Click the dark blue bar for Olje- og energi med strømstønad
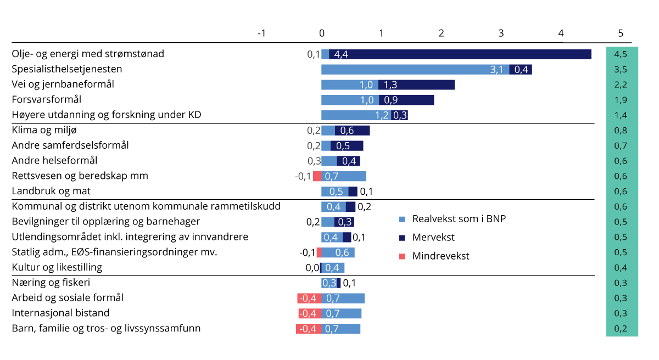[460, 54]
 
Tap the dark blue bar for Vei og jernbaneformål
[417, 85]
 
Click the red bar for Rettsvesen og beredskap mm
[317, 176]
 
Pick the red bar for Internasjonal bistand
[310, 313]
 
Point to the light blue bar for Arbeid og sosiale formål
[343, 298]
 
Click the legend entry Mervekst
[433, 238]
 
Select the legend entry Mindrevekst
[440, 256]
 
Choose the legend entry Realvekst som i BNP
[459, 219]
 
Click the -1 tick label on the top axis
[261, 33]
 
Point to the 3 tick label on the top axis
[501, 33]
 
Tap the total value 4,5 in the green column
[621, 54]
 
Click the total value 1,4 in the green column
[621, 115]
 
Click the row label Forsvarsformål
[47, 100]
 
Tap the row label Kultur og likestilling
[57, 268]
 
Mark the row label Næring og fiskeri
[51, 283]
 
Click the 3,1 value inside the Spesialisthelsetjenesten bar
[496, 70]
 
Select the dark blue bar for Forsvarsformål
[406, 100]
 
